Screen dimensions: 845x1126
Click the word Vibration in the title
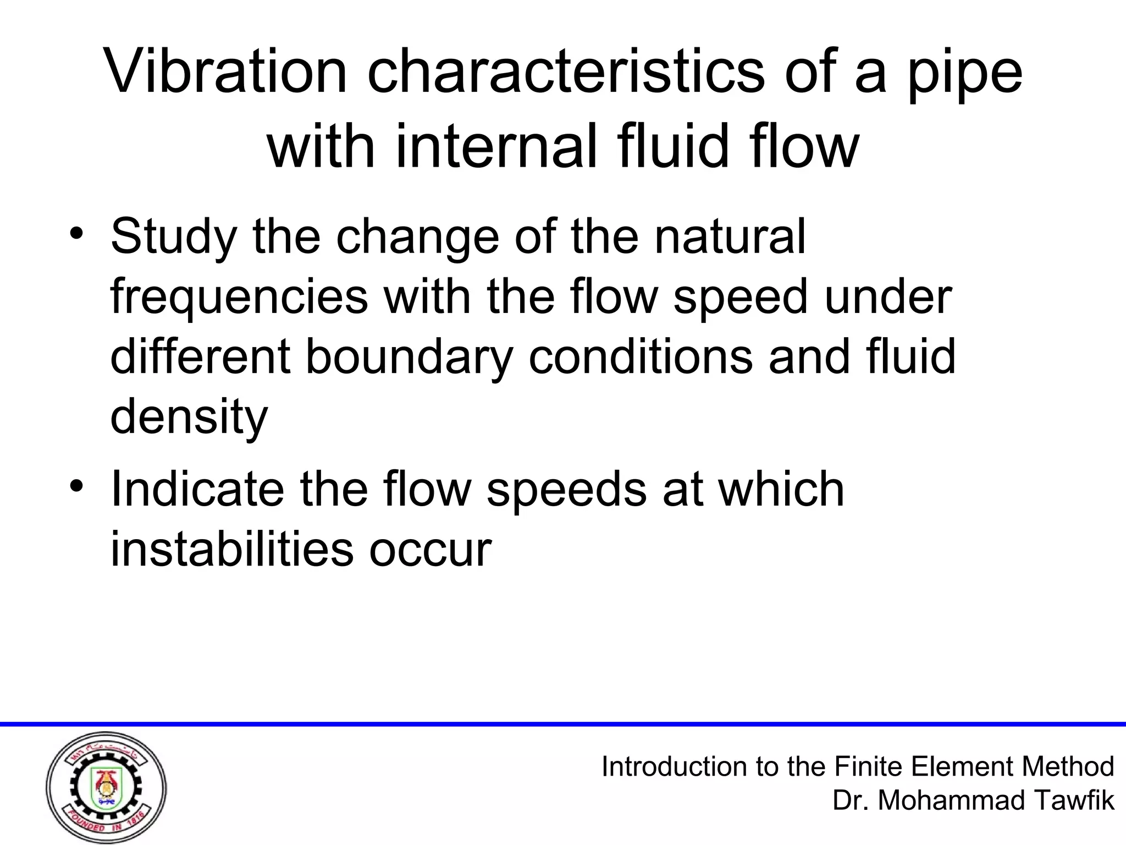point(226,72)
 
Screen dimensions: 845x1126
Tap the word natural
point(730,237)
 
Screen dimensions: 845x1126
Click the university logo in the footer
point(106,787)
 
